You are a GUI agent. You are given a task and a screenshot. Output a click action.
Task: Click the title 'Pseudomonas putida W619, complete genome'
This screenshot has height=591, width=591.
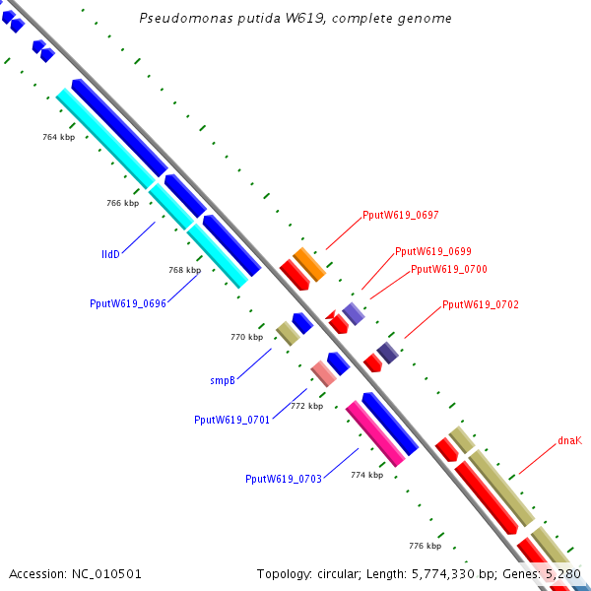point(295,19)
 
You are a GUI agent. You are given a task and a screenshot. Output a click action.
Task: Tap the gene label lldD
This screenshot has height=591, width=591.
point(110,254)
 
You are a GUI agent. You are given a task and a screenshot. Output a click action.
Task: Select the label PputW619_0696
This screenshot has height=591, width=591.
point(128,303)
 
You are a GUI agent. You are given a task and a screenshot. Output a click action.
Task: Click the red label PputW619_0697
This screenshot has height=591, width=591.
point(401,215)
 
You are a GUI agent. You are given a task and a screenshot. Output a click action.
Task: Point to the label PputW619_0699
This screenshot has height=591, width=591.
point(432,251)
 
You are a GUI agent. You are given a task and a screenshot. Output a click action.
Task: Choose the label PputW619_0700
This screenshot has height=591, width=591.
point(448,269)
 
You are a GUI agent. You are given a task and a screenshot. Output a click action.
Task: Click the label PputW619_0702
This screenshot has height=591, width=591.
point(480,305)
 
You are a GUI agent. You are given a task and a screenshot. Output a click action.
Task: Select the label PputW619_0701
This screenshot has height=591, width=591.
point(232,420)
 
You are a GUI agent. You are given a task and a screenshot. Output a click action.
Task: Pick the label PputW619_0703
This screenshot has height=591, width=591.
point(284,479)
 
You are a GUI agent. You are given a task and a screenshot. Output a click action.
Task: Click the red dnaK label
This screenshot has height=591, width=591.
point(569,441)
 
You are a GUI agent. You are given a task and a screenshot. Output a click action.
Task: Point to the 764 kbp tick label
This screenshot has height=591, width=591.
point(59,137)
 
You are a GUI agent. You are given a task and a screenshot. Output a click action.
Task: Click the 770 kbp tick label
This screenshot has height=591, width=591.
point(247,337)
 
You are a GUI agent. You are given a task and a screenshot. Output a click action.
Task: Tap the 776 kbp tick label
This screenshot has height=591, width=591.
point(426,546)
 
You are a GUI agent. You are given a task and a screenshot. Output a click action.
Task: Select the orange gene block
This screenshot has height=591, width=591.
point(309,263)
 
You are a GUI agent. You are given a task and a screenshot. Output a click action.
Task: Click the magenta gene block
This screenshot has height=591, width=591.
point(375,433)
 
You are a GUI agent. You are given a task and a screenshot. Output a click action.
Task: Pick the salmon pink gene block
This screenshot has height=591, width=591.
point(324,373)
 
